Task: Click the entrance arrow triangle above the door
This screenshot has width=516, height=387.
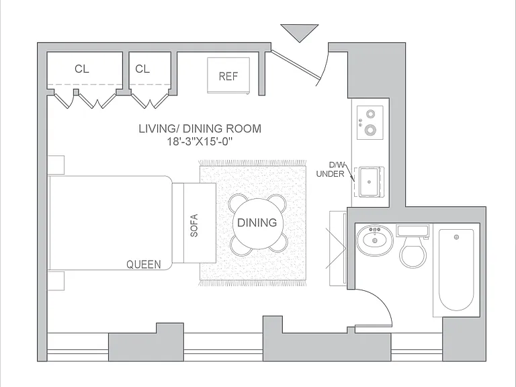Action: (300, 32)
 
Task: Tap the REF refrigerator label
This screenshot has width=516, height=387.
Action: (228, 77)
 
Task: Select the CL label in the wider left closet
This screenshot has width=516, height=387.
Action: (81, 69)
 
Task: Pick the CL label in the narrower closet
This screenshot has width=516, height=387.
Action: (142, 69)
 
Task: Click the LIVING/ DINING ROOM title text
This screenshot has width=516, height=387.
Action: (200, 128)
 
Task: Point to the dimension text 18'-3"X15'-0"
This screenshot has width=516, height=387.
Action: (200, 142)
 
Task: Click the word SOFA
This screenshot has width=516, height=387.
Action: (194, 226)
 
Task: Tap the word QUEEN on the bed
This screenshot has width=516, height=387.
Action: (144, 264)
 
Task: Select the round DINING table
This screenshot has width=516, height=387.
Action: (257, 224)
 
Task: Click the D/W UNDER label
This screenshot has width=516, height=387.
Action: (331, 169)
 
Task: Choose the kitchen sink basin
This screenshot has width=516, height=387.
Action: (370, 181)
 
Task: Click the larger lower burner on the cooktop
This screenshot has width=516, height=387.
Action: (371, 130)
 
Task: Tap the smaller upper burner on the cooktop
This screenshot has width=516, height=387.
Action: (371, 114)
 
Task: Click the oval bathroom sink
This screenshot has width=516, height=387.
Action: (374, 240)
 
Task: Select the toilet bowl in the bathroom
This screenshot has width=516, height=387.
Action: (413, 253)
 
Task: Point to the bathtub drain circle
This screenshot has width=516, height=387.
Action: (456, 237)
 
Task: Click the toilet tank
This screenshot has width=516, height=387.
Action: (413, 230)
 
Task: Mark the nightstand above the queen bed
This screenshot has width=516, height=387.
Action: (56, 165)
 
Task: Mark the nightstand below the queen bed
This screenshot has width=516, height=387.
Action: (56, 281)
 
